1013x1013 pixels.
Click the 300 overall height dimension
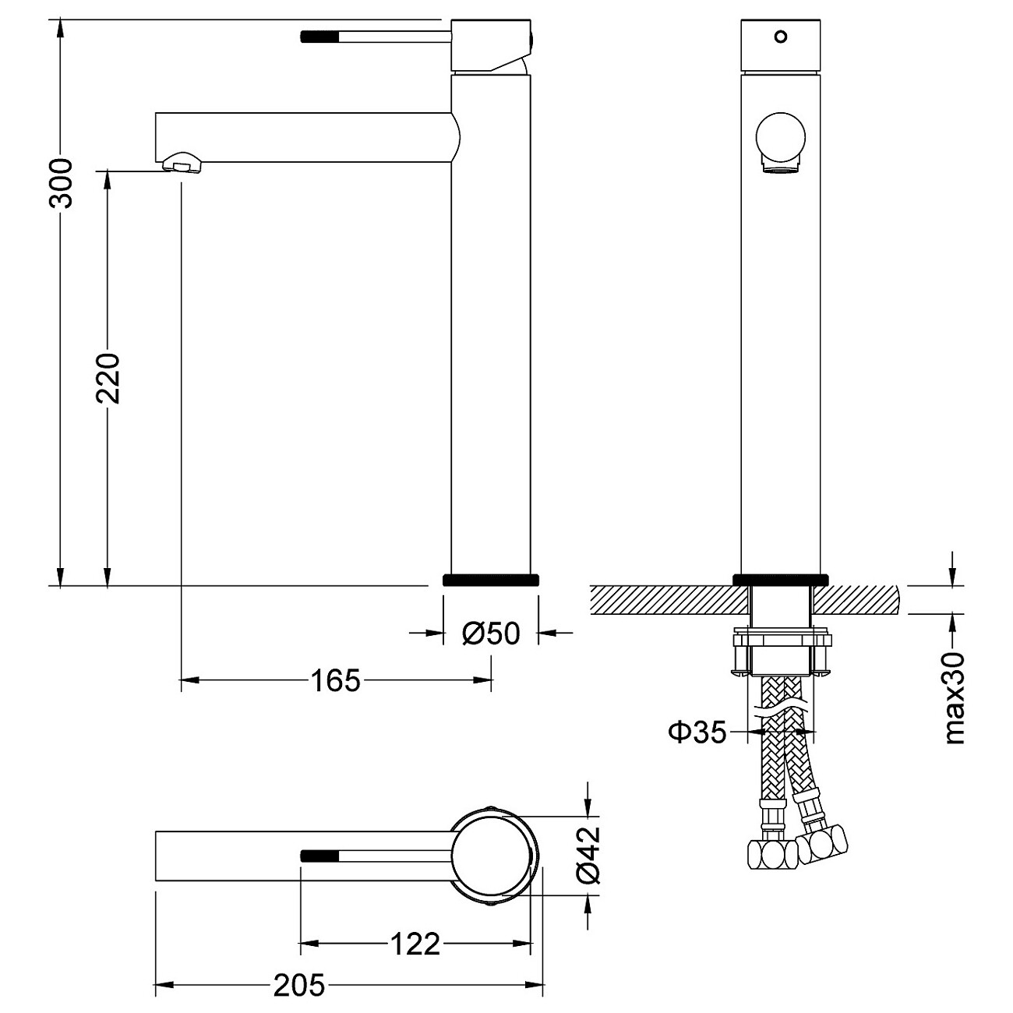coord(61,183)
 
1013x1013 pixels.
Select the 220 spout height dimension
coord(108,379)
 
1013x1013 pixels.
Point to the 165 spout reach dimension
coord(336,680)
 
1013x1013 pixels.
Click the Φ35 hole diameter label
coord(697,731)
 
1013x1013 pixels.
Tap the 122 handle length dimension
coord(415,944)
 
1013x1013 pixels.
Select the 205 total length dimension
coord(300,986)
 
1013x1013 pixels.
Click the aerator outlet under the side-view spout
coord(182,162)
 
